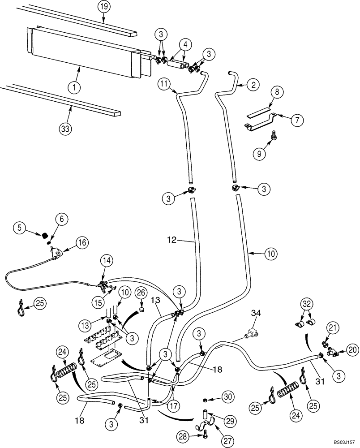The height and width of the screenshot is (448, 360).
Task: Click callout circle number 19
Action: coord(103,7)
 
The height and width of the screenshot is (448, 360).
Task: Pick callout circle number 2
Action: coord(253,84)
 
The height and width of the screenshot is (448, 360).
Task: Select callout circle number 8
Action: coord(277,93)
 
